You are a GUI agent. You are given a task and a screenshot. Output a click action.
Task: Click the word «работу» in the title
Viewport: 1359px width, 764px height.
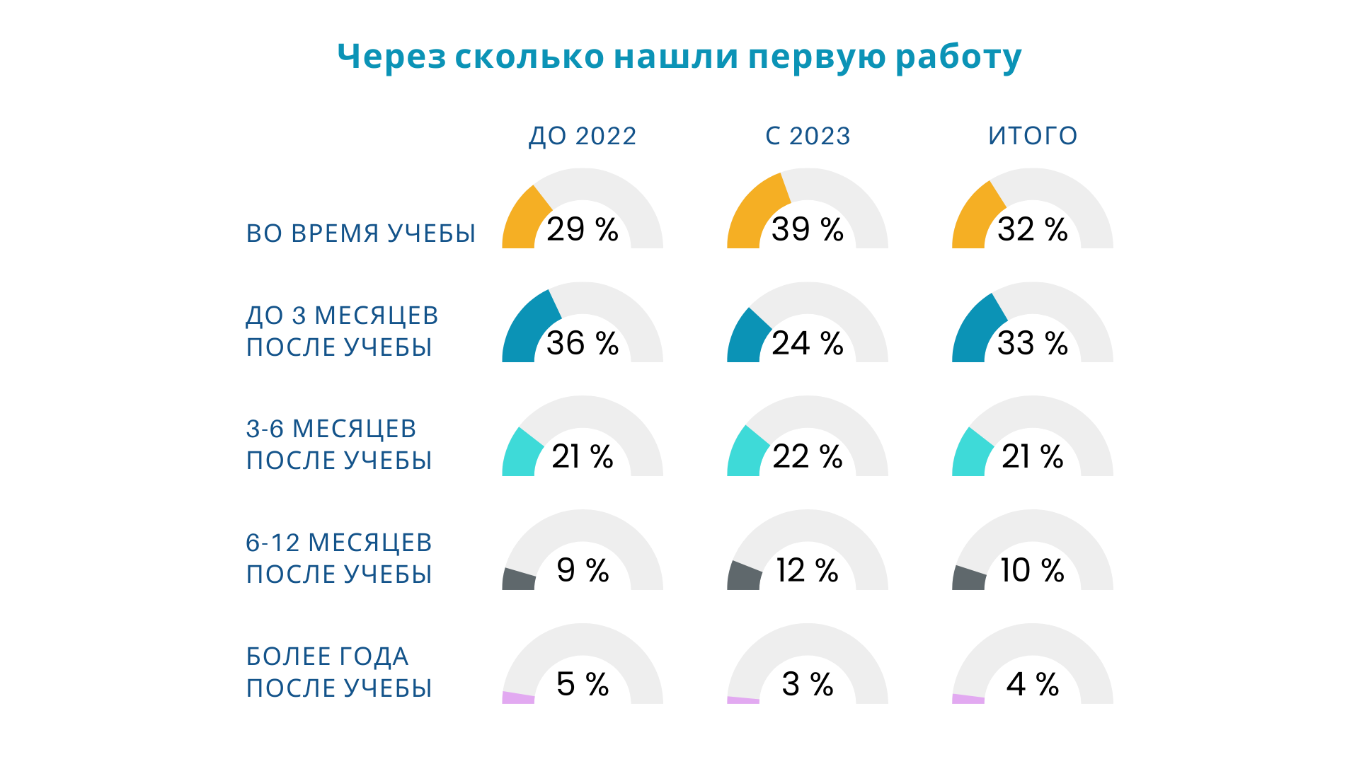(x=958, y=57)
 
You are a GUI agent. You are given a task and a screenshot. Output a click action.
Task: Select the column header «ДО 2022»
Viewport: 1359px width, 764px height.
(x=583, y=136)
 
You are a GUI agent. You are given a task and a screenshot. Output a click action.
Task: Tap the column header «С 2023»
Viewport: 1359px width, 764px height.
(x=808, y=136)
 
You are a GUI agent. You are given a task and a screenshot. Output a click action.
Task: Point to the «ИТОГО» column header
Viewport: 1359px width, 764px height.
(x=1033, y=136)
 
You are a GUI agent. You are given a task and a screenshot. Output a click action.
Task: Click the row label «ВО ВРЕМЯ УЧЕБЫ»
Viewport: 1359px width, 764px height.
(x=361, y=233)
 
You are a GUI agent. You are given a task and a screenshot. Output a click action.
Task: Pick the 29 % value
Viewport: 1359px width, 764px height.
(x=583, y=229)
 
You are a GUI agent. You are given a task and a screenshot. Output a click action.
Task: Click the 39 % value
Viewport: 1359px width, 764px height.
(x=808, y=229)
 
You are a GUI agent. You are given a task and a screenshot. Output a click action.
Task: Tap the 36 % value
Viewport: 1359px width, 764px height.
(x=583, y=343)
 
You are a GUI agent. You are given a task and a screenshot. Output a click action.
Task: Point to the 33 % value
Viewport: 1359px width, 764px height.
(x=1033, y=343)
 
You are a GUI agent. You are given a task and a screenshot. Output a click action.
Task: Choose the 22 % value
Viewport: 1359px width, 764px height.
(x=808, y=456)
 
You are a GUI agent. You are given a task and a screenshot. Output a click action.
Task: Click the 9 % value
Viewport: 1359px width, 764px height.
(x=583, y=570)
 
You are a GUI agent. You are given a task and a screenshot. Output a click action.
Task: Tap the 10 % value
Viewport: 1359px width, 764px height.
(x=1033, y=570)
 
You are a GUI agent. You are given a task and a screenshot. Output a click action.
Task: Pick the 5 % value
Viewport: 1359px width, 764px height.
(x=583, y=684)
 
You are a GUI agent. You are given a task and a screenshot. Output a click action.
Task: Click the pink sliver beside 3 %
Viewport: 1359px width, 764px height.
(x=743, y=700)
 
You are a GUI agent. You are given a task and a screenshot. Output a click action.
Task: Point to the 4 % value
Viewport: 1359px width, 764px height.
(x=1033, y=684)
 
